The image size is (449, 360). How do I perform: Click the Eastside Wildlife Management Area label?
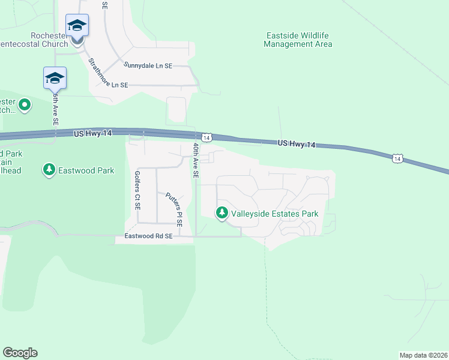(x=298, y=40)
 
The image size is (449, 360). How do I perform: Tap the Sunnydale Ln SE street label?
(x=148, y=65)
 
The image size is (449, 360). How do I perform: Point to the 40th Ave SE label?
(x=195, y=160)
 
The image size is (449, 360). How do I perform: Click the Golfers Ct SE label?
(x=137, y=190)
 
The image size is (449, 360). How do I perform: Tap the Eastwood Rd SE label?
(x=148, y=236)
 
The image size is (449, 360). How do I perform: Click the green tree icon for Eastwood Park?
(x=49, y=170)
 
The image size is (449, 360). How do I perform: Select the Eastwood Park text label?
(x=86, y=170)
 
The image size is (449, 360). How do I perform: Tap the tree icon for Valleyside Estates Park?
(x=222, y=213)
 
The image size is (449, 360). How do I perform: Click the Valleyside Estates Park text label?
(x=274, y=214)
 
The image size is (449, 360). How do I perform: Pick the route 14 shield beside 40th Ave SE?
(x=206, y=138)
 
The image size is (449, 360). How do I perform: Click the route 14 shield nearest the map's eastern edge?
(x=397, y=158)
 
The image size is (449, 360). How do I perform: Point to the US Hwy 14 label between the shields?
(x=297, y=144)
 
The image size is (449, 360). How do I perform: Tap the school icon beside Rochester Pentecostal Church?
(x=77, y=26)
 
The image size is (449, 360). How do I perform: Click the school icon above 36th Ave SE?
(x=55, y=79)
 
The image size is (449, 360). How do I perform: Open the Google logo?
(x=20, y=353)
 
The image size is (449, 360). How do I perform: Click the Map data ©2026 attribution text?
(x=423, y=355)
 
